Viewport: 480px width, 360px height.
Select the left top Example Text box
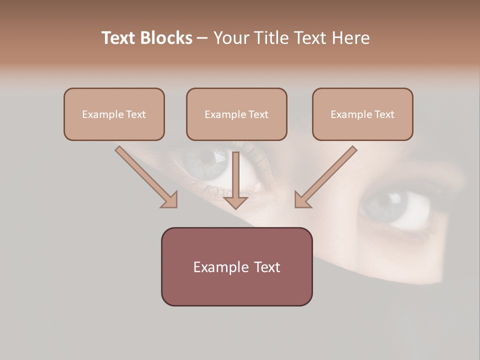pyautogui.click(x=114, y=114)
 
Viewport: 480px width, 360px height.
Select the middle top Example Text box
pyautogui.click(x=236, y=114)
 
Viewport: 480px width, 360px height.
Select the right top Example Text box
pyautogui.click(x=362, y=114)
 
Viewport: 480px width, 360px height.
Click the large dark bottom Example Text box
pyautogui.click(x=236, y=266)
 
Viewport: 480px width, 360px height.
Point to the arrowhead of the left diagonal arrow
pyautogui.click(x=170, y=200)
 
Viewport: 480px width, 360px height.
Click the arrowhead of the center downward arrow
pyautogui.click(x=235, y=202)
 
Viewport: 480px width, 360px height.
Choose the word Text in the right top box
pyautogui.click(x=384, y=114)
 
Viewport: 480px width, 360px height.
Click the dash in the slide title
pyautogui.click(x=202, y=38)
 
